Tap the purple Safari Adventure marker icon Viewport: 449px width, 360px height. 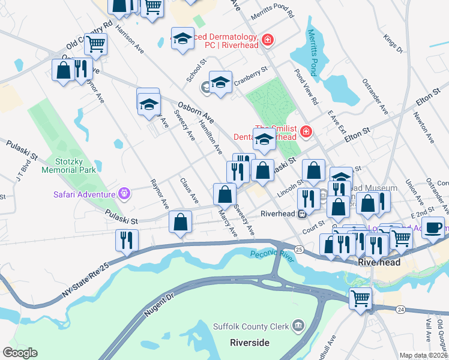[124, 194]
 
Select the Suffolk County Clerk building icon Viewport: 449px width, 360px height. [298, 327]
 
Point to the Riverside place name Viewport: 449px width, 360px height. [250, 342]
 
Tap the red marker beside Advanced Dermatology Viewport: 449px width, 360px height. [268, 40]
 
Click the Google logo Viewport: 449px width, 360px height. [20, 353]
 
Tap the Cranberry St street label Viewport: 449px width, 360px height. [250, 77]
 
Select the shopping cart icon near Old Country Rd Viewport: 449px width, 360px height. [95, 43]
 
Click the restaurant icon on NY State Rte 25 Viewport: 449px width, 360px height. [127, 239]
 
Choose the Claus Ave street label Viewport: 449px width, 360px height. [189, 190]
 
